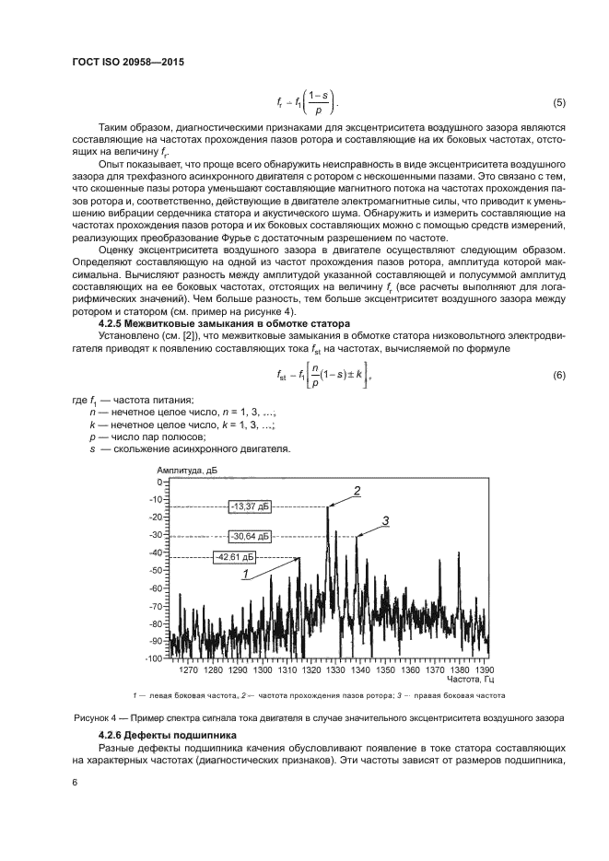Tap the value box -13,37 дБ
point(252,506)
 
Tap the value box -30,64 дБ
point(252,535)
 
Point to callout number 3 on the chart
point(386,521)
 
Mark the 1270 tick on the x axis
point(188,669)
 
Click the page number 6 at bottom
point(74,783)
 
